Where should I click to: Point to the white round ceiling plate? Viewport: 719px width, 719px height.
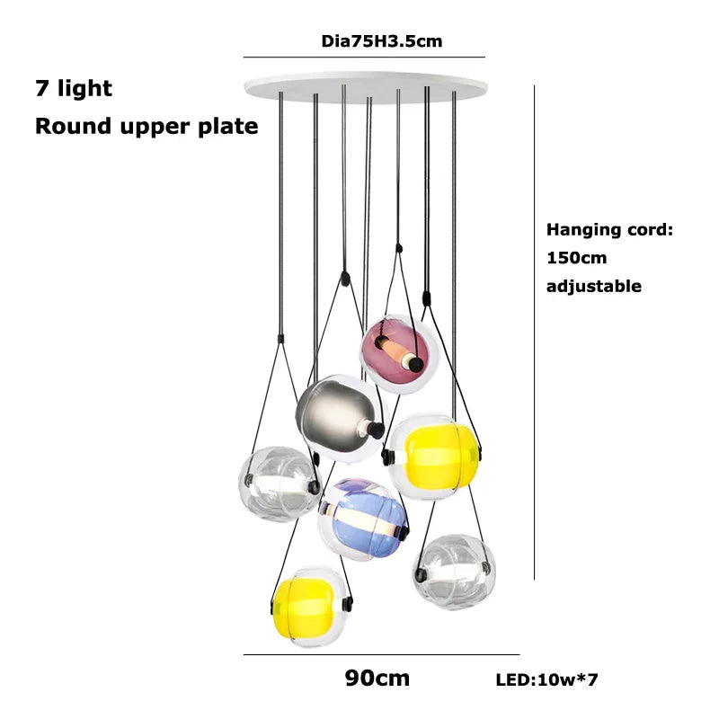367,87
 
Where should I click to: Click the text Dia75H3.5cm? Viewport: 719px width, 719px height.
381,41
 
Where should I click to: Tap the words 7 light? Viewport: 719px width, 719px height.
74,88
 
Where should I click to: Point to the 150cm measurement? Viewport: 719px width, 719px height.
576,258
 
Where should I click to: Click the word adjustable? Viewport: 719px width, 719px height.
593,287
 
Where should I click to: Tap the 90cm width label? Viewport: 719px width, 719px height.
377,678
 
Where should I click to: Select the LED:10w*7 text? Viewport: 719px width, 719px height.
546,680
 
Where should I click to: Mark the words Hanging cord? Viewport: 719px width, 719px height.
608,230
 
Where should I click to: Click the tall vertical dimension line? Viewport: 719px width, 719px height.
535,333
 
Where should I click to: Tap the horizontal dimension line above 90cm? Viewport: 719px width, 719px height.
381,655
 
